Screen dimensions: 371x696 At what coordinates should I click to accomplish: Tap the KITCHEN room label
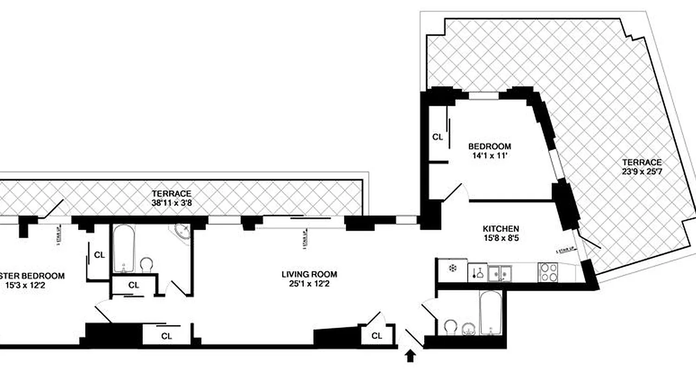(501, 229)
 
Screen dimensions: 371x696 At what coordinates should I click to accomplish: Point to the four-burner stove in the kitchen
(548, 272)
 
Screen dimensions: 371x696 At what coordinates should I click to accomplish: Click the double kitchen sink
(499, 272)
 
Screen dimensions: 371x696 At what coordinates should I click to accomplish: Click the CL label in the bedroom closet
(438, 137)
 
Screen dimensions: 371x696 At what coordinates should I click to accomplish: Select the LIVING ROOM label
(309, 274)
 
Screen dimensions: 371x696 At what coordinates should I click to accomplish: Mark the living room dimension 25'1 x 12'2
(309, 284)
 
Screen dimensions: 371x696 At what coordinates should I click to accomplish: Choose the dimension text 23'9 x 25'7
(642, 172)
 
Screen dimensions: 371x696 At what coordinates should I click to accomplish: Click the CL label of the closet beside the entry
(377, 336)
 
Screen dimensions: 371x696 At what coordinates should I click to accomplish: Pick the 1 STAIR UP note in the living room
(305, 239)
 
